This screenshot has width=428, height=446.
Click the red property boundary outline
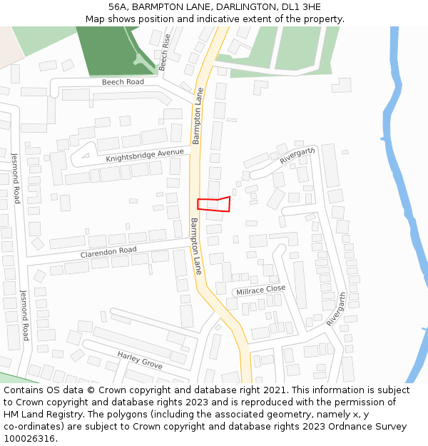pyautogui.click(x=214, y=204)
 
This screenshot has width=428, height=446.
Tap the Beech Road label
pyautogui.click(x=123, y=82)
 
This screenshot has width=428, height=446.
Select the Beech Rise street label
pyautogui.click(x=165, y=51)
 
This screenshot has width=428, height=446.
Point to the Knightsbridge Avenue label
pyautogui.click(x=145, y=156)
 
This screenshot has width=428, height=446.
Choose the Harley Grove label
pyautogui.click(x=140, y=360)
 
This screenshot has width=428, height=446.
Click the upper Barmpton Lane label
pyautogui.click(x=198, y=116)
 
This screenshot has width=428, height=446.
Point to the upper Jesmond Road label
pyautogui.click(x=15, y=178)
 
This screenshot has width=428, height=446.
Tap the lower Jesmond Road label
pyautogui.click(x=24, y=315)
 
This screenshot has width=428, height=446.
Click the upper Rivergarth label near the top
pyautogui.click(x=297, y=156)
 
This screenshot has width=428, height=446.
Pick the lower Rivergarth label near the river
pyautogui.click(x=336, y=309)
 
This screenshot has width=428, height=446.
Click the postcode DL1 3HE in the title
pyautogui.click(x=302, y=6)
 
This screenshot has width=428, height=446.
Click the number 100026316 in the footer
pyautogui.click(x=29, y=438)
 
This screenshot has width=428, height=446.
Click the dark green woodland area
pyautogui.click(x=111, y=50)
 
